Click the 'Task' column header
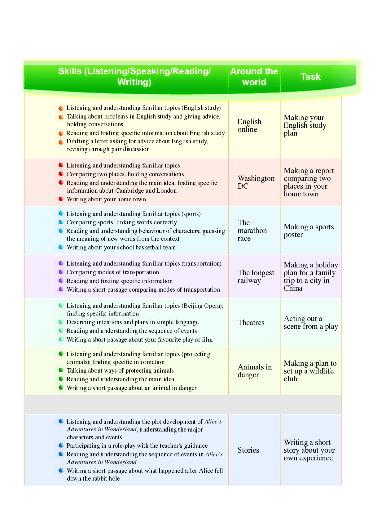point(310,77)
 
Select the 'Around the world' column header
point(254,77)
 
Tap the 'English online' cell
point(249,126)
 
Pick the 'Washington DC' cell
point(256,182)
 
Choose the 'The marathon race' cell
point(252,231)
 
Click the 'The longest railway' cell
point(256,276)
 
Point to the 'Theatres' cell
point(251,323)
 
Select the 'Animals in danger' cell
point(254,371)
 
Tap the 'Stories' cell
point(248,450)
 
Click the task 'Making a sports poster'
point(309,231)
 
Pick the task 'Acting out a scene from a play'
point(310,323)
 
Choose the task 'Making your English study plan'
point(305,125)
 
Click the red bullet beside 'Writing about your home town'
point(61,199)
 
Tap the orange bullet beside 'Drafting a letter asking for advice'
point(61,142)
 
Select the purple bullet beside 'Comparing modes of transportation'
point(61,272)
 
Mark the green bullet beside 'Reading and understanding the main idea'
point(61,379)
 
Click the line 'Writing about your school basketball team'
point(121,248)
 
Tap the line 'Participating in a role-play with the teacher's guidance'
point(137,446)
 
